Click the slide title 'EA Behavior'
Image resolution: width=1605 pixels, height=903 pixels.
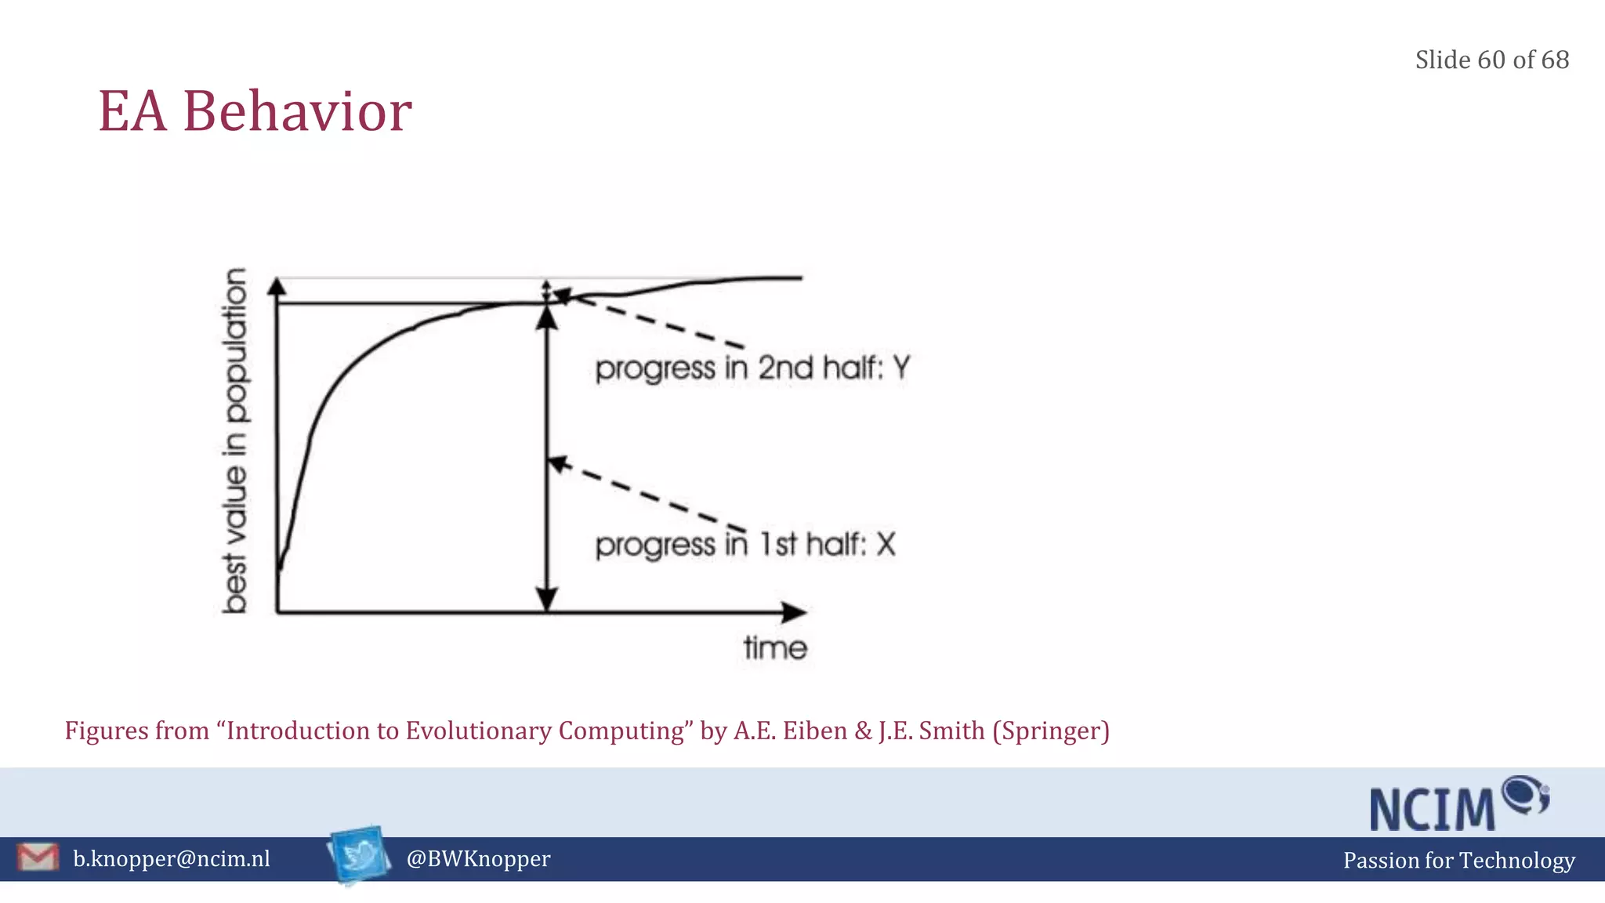pos(255,111)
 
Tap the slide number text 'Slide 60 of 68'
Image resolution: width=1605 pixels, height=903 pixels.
pos(1491,60)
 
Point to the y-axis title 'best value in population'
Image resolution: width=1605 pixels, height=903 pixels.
pos(235,440)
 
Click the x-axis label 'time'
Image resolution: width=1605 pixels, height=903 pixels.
pos(775,648)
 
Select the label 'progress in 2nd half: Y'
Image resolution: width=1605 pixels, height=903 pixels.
pos(752,368)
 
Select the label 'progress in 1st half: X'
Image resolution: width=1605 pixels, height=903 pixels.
pos(745,544)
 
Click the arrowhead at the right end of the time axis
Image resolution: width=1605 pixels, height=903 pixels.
pos(795,612)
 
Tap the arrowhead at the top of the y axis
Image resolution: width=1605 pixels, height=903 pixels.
pos(277,287)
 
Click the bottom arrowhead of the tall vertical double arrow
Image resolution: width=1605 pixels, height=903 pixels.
pos(547,599)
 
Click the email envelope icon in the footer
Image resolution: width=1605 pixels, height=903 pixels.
pos(38,858)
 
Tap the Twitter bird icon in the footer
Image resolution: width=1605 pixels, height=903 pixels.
pos(360,855)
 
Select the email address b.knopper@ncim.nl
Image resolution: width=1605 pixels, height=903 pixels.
pos(172,859)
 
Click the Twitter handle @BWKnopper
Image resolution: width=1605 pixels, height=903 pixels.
pos(478,859)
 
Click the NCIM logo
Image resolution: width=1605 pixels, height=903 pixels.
pos(1458,804)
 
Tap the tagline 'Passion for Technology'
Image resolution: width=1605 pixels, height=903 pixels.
pos(1458,861)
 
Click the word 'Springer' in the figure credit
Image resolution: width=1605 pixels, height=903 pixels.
pos(1051,731)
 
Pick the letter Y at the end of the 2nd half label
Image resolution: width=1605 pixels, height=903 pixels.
pos(901,367)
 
